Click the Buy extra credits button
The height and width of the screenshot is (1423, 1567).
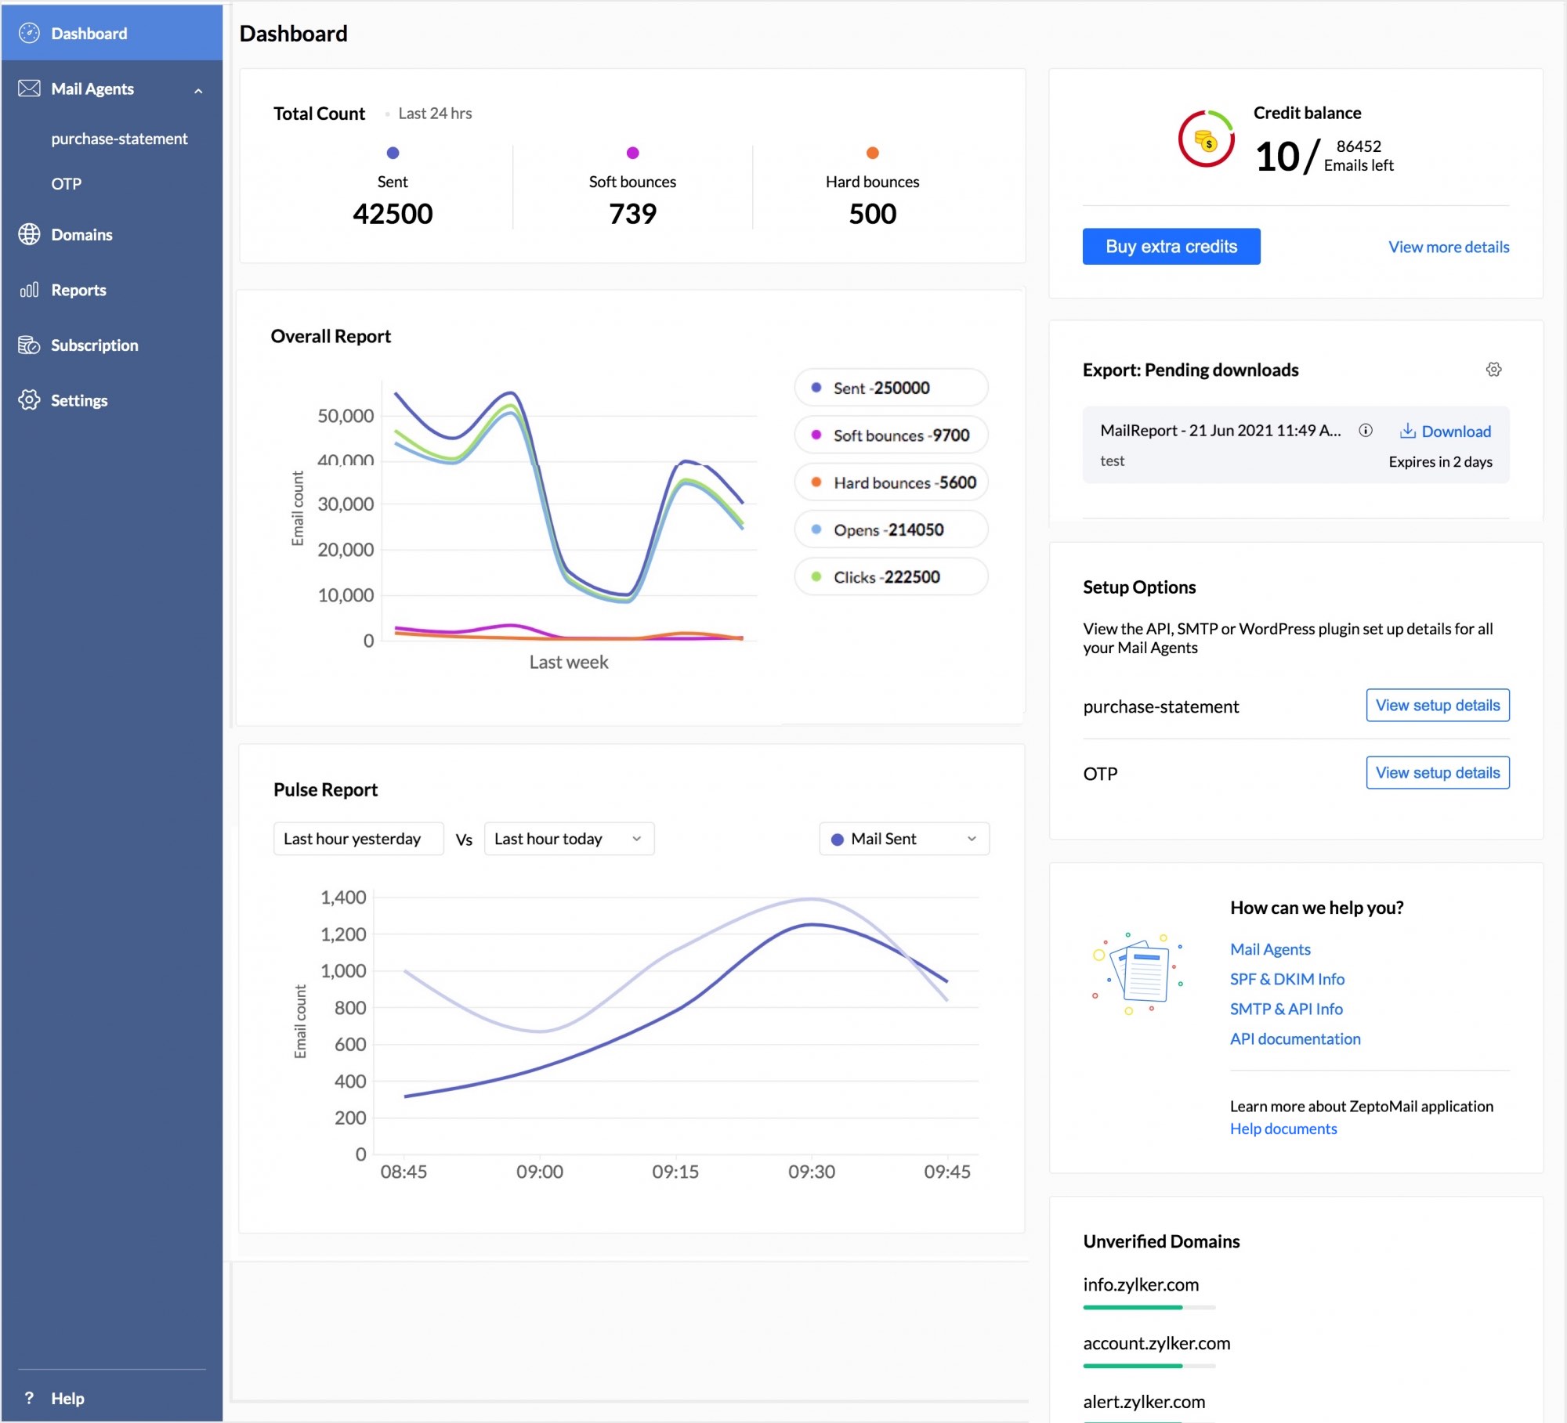(x=1171, y=247)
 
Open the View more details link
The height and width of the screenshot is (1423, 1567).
(x=1448, y=247)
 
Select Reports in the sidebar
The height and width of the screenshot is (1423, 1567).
(x=78, y=290)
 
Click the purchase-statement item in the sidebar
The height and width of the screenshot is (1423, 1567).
(x=119, y=139)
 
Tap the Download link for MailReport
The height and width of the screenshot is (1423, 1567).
(x=1446, y=431)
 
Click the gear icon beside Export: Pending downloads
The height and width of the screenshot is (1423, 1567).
(x=1493, y=370)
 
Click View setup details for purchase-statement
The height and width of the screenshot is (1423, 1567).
(x=1437, y=706)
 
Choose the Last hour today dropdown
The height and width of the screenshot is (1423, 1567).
(x=568, y=839)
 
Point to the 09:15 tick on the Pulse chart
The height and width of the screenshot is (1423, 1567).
(x=675, y=1172)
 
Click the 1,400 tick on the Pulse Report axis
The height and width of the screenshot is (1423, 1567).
(x=343, y=898)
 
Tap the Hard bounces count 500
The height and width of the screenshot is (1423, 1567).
(x=872, y=214)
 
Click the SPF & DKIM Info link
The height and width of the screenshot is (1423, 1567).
(x=1287, y=979)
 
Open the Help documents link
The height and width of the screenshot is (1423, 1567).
(x=1283, y=1129)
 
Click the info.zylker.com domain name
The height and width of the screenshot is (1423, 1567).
(x=1140, y=1284)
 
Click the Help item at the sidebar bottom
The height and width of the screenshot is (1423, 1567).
(x=67, y=1398)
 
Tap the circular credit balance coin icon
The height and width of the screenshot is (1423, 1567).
(x=1206, y=139)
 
